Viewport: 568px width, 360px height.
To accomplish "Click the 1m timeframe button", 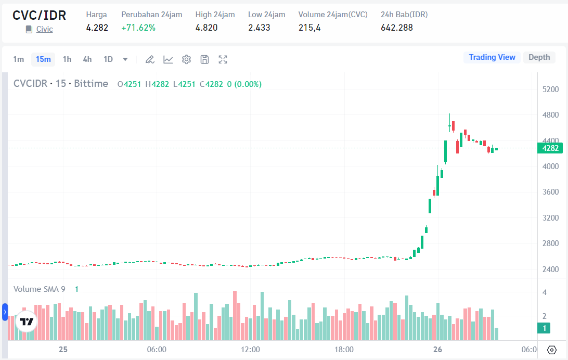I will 19,59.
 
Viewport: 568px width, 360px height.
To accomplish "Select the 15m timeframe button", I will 43,59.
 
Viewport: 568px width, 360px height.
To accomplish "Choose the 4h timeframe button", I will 87,59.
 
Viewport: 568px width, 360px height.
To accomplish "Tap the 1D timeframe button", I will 108,59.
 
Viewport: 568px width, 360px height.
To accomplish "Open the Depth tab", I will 539,57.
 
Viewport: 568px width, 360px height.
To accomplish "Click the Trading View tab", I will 492,57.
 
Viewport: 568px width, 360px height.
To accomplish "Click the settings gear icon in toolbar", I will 186,59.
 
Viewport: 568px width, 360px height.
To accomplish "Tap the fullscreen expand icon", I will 223,59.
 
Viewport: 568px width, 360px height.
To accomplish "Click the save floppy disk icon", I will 204,59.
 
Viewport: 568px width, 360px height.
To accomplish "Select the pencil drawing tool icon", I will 150,59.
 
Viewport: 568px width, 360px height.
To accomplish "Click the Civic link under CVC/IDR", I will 44,29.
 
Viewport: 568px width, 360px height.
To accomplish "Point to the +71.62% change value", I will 138,28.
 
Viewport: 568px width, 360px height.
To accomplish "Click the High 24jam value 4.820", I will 206,28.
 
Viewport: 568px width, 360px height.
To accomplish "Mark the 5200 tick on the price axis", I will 550,89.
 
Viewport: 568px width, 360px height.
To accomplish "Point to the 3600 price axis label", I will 550,192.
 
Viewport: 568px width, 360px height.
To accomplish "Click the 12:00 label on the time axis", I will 250,350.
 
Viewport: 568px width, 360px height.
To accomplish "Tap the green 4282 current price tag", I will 550,148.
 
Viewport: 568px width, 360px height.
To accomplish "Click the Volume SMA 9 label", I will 40,289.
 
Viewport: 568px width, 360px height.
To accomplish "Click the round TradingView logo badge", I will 26,322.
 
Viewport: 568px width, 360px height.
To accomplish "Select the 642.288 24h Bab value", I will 397,28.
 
